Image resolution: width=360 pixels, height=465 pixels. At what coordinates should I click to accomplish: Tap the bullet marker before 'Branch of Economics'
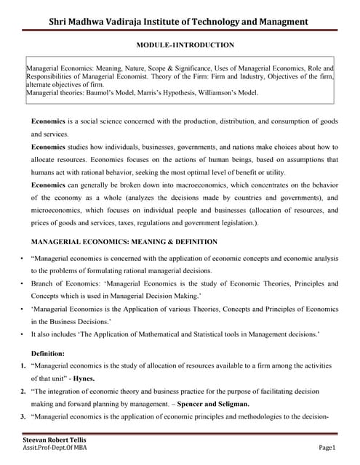tap(23, 284)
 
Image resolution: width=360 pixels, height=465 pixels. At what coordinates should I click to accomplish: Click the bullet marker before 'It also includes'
tap(23, 335)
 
